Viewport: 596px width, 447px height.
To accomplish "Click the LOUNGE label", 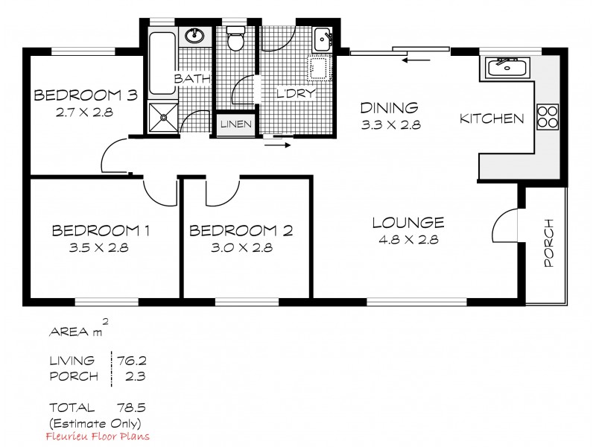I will click(x=408, y=222).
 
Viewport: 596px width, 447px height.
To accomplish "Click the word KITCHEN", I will click(x=491, y=118).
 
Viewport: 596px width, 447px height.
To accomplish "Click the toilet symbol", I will click(x=236, y=39).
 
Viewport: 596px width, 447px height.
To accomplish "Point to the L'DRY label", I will click(x=297, y=94).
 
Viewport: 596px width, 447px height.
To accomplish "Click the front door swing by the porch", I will click(x=507, y=223).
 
